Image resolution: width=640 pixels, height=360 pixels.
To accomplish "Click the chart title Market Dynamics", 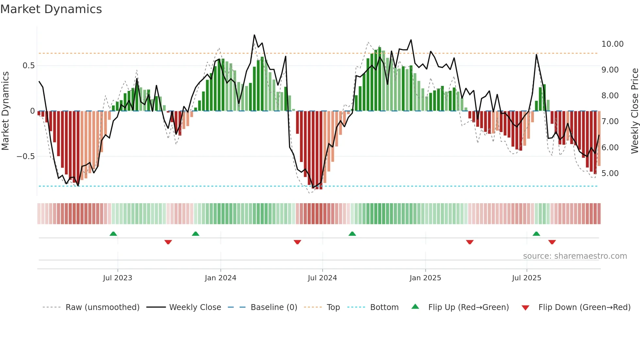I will click(51, 9).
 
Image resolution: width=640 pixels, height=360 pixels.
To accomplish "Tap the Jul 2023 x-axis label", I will click(118, 278).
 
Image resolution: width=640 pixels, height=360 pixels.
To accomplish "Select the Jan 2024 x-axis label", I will click(220, 278).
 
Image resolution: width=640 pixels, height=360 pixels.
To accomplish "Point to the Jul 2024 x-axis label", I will click(322, 278).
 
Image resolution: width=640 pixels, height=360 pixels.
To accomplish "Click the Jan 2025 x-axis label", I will click(425, 278).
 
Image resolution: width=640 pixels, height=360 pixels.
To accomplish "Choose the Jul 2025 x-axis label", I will click(526, 278).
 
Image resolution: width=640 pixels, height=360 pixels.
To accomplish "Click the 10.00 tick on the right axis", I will click(612, 44).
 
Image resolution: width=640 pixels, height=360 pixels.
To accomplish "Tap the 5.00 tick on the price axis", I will click(610, 173).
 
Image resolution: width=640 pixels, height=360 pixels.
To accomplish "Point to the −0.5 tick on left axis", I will click(25, 156).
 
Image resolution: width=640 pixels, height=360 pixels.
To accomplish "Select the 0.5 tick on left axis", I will click(28, 65).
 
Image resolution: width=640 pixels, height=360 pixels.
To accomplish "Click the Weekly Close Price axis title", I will click(634, 111).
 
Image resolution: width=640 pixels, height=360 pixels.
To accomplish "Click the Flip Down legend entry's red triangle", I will click(525, 308).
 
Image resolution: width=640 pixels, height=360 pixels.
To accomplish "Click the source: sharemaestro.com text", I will click(575, 256).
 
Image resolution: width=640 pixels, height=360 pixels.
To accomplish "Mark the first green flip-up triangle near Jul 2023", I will click(113, 234).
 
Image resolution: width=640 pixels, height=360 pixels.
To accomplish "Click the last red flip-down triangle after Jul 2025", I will click(552, 242).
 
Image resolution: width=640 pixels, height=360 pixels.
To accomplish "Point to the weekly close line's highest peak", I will click(254, 35).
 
